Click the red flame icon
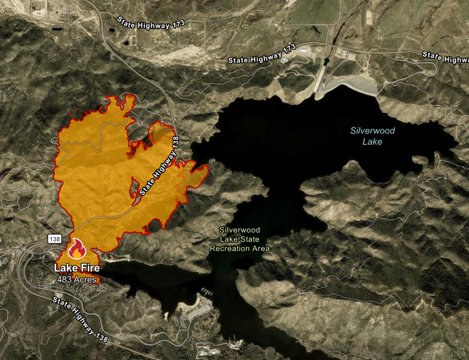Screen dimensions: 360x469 76,249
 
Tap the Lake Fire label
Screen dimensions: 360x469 76,268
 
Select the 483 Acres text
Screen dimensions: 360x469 77,279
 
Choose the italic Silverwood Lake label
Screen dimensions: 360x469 372,136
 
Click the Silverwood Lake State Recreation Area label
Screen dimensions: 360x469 239,240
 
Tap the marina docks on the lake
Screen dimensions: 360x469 205,293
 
